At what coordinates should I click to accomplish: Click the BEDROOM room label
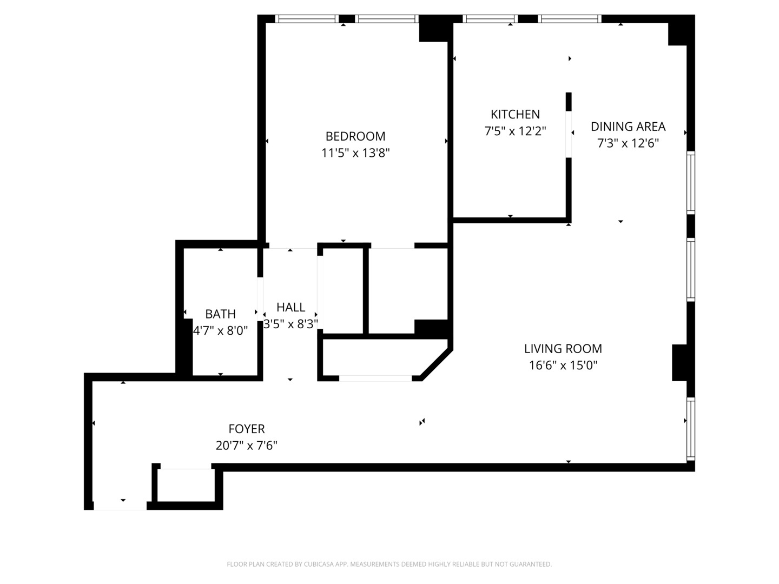click(x=355, y=136)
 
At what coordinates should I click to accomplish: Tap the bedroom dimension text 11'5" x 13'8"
click(x=355, y=153)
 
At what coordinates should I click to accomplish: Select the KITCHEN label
click(x=515, y=114)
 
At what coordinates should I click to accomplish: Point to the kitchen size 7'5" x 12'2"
click(x=515, y=131)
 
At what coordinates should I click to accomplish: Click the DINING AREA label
click(x=628, y=127)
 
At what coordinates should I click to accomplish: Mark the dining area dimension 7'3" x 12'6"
click(x=628, y=143)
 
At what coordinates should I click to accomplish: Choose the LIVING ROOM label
click(x=563, y=349)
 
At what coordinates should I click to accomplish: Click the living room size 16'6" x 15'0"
click(x=563, y=366)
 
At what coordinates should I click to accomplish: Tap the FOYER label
click(x=247, y=429)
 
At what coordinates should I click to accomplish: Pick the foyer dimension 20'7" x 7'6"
click(x=247, y=446)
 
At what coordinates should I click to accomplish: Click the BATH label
click(x=220, y=314)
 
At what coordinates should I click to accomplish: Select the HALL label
click(x=291, y=307)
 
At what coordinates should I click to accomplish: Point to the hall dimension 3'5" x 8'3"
click(x=291, y=324)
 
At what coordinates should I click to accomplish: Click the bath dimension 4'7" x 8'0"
click(x=220, y=330)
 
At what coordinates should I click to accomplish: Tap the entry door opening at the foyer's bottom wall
click(x=120, y=506)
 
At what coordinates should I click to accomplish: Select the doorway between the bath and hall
click(x=260, y=295)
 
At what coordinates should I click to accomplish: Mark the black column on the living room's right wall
click(x=679, y=362)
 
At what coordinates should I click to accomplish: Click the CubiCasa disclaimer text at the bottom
click(x=389, y=564)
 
